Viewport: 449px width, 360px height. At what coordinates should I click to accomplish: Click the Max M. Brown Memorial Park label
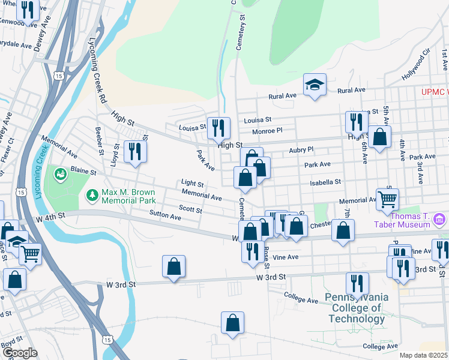(x=128, y=196)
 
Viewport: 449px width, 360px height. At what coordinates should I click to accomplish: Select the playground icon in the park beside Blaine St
(x=61, y=175)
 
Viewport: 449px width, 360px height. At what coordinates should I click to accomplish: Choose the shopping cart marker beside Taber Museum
(x=388, y=199)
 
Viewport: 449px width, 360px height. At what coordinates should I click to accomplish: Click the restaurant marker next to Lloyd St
(x=135, y=151)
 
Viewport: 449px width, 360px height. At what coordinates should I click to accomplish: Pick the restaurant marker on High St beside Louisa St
(x=218, y=128)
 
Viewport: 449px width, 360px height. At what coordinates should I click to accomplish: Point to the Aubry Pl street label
(x=301, y=150)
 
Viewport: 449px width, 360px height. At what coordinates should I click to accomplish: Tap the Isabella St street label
(x=325, y=182)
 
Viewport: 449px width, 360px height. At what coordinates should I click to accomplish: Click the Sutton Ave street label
(x=165, y=213)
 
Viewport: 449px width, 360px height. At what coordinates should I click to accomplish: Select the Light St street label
(x=193, y=183)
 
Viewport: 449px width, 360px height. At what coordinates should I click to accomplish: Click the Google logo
(x=20, y=353)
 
